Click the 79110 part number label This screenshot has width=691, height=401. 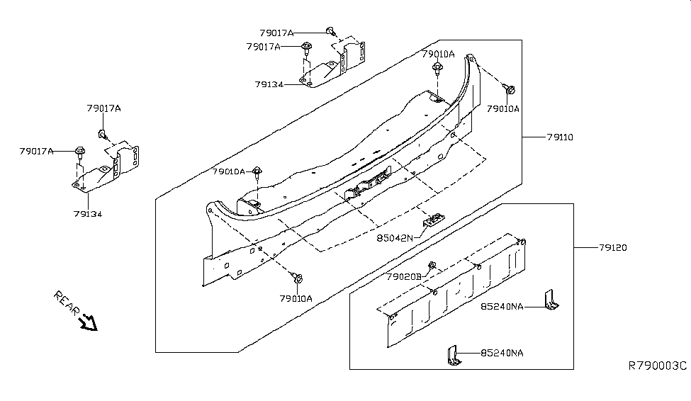click(559, 137)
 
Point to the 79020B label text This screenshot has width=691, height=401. click(404, 276)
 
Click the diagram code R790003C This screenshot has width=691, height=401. click(658, 366)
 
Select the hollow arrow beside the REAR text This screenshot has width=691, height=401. click(89, 322)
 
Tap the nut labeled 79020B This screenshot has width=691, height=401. click(434, 266)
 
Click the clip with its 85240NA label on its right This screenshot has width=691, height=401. click(452, 355)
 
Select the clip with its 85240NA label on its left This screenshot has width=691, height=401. click(551, 302)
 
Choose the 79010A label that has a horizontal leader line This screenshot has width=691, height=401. click(227, 171)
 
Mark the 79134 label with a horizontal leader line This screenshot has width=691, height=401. click(269, 84)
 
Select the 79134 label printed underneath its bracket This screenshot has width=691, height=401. click(87, 213)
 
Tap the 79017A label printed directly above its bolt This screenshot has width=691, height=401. click(103, 108)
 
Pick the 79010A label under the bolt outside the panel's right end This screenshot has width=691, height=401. click(503, 108)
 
